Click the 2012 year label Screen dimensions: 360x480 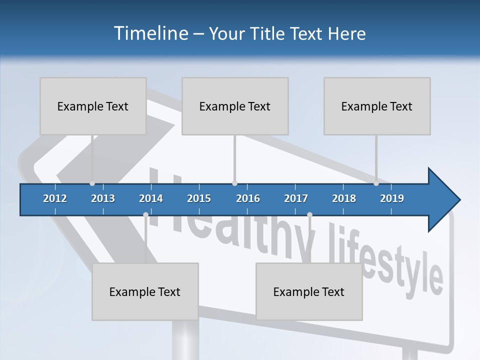55,198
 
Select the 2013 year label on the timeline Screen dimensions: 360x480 103,198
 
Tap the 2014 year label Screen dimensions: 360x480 151,198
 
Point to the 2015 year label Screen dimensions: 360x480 199,198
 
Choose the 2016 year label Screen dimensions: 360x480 248,198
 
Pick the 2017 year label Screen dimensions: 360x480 296,198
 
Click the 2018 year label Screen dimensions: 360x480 344,198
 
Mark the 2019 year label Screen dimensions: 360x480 392,198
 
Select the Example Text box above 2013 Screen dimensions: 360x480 93,106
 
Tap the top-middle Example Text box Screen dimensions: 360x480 235,106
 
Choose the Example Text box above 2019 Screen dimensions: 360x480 377,106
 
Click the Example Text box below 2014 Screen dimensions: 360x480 145,291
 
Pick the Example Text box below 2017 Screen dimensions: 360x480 309,291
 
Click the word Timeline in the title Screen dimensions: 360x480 150,33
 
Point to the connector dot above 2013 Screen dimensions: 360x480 92,183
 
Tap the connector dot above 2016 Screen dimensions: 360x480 234,183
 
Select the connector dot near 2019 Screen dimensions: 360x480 376,183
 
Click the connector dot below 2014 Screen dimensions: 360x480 145,215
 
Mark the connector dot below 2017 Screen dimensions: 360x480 309,215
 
